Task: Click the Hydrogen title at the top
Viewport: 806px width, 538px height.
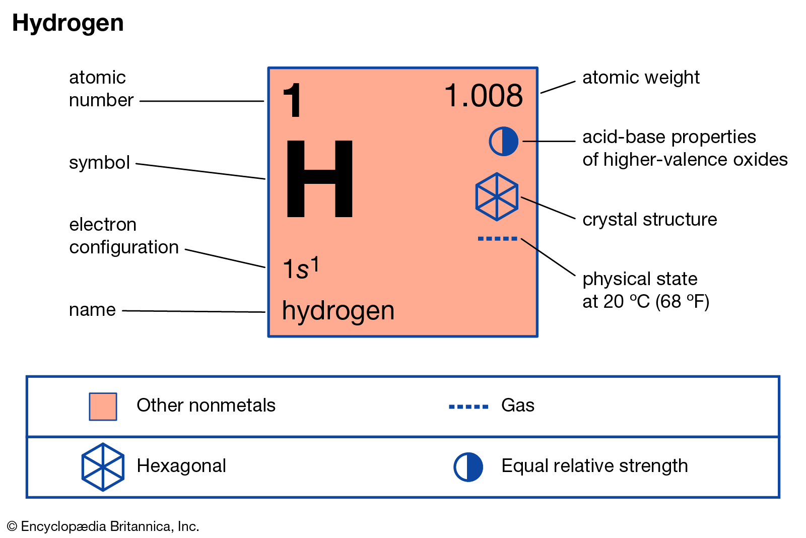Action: (68, 23)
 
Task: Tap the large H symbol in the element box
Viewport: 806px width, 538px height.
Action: (319, 179)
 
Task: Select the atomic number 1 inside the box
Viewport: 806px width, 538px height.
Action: (293, 100)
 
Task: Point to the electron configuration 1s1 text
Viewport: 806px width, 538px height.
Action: (301, 268)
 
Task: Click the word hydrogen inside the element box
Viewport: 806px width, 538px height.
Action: (338, 311)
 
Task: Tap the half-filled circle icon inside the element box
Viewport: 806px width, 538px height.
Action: (503, 141)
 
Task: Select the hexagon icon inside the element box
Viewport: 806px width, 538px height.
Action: (497, 196)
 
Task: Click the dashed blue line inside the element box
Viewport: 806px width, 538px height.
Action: (497, 239)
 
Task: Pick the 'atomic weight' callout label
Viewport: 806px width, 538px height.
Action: (641, 78)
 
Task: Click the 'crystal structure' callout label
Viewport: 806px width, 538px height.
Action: (649, 220)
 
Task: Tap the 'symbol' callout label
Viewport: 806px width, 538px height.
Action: (99, 163)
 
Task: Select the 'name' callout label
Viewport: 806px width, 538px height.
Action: (92, 310)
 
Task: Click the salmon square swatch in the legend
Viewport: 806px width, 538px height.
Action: (103, 407)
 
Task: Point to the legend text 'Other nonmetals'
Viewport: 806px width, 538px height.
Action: (206, 406)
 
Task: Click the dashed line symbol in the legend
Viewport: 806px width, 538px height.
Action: (468, 407)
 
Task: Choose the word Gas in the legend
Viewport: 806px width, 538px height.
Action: (518, 406)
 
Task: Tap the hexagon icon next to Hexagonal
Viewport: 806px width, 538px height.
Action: (103, 467)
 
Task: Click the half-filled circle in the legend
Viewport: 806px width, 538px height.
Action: (468, 467)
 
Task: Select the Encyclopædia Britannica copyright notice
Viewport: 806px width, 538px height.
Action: (103, 526)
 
